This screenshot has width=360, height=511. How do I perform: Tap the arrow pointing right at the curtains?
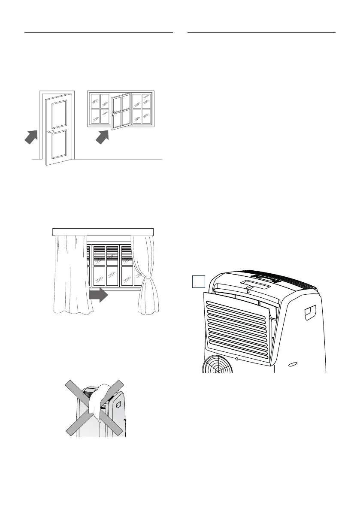[99, 296]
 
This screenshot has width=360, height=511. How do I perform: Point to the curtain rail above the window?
[103, 232]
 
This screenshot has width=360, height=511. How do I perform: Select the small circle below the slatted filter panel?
[237, 357]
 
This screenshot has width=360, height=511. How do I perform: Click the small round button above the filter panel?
[248, 292]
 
